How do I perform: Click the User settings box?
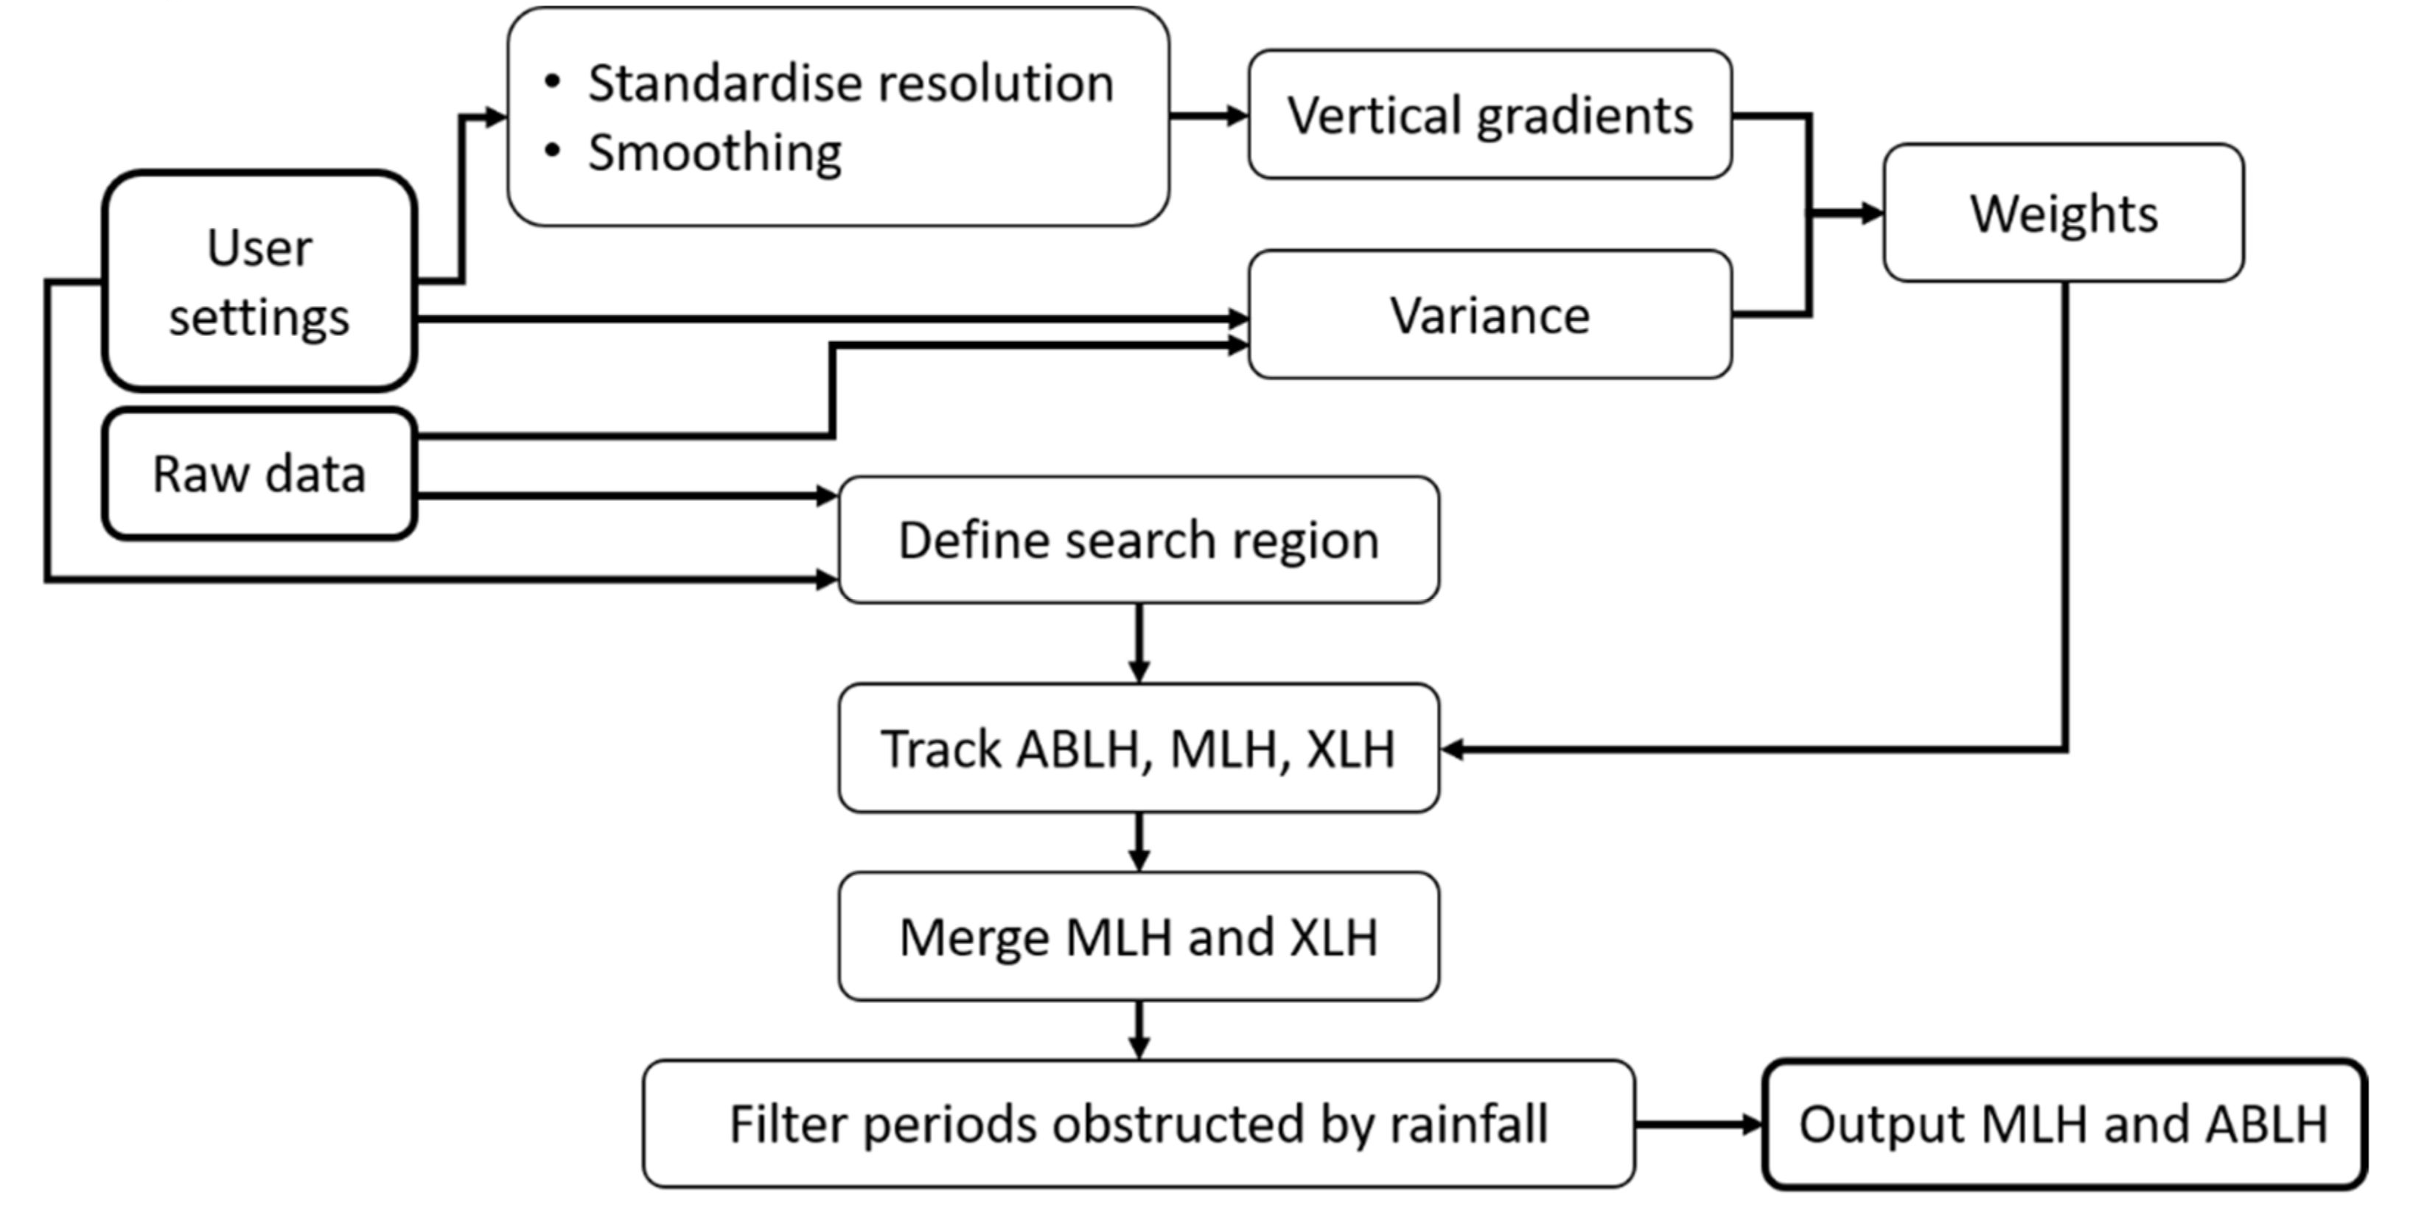(x=259, y=281)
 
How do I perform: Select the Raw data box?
(x=259, y=473)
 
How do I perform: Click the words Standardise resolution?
(x=850, y=83)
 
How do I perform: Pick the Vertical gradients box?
(x=1490, y=114)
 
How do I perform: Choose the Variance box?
(x=1490, y=315)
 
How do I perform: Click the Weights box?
(x=2063, y=213)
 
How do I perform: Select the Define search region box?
(x=1138, y=540)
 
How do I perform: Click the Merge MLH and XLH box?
(x=1138, y=937)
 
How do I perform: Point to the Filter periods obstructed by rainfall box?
(x=1138, y=1124)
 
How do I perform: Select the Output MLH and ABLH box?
(x=2063, y=1124)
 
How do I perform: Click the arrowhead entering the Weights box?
(x=1871, y=214)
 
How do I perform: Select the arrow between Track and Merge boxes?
(x=1138, y=842)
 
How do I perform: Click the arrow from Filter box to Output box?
(x=1698, y=1124)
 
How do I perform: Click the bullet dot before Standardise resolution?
(x=552, y=83)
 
